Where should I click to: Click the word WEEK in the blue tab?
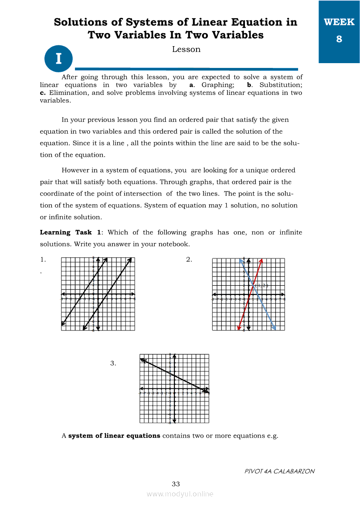tap(339, 22)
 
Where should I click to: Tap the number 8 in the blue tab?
tap(339, 39)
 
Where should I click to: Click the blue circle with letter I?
tap(58, 58)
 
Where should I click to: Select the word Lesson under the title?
tap(186, 49)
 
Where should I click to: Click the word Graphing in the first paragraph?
tap(218, 85)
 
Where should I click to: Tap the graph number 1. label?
tap(43, 260)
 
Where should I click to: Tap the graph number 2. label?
tap(189, 260)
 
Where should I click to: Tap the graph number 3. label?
tap(113, 363)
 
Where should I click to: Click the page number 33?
tap(176, 484)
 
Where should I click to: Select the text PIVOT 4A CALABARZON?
tap(279, 471)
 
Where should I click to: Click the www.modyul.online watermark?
tap(180, 494)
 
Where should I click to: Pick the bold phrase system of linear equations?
tap(114, 435)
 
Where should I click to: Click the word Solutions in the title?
tap(81, 22)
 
